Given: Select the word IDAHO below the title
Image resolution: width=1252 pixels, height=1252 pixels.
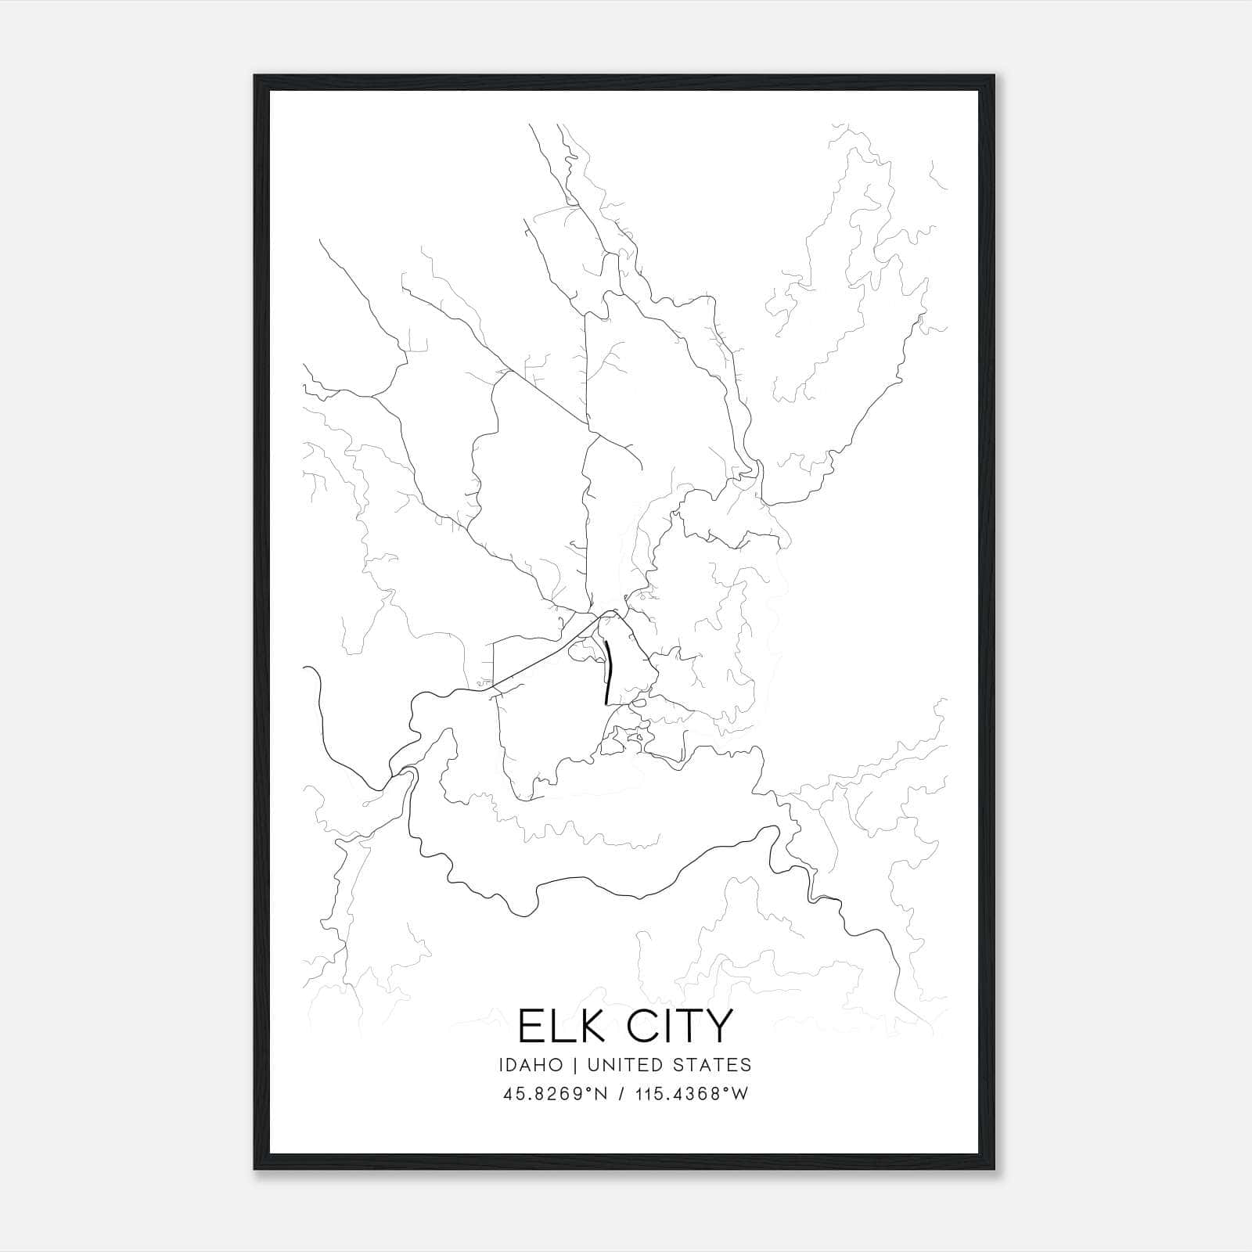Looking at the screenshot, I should (530, 1065).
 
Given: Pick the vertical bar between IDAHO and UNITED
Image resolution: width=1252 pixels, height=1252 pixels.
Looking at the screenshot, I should (574, 1065).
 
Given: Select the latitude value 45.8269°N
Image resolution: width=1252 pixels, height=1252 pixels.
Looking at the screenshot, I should (556, 1093).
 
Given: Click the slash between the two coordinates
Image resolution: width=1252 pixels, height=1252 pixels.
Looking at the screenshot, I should (621, 1093).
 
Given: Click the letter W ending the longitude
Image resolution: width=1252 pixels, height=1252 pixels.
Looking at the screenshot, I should (740, 1093).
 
